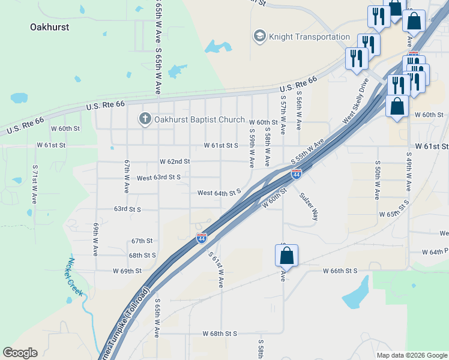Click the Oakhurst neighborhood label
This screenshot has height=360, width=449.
(49, 27)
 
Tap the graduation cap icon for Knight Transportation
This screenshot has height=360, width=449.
(259, 37)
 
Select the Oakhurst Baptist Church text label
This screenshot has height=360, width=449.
(199, 119)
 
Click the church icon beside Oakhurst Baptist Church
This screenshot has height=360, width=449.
(144, 119)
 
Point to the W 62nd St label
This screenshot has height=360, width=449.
(175, 161)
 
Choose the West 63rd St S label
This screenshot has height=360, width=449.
(158, 178)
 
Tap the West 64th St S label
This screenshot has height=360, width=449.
(219, 193)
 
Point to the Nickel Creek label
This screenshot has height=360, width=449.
(75, 277)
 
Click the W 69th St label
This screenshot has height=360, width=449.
(127, 271)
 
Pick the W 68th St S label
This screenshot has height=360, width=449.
(220, 333)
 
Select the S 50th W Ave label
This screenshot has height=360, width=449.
(378, 179)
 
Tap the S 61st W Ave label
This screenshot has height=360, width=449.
(216, 269)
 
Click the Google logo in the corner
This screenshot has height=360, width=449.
(20, 353)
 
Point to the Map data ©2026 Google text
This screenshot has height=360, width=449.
(412, 355)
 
